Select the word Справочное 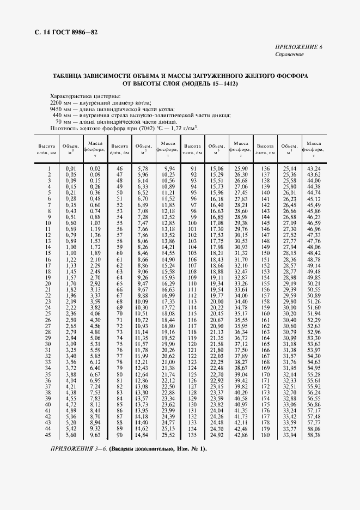coord(289,54)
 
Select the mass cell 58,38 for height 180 coord(314,435)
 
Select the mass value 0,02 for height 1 coord(95,169)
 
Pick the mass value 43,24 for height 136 coord(314,169)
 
